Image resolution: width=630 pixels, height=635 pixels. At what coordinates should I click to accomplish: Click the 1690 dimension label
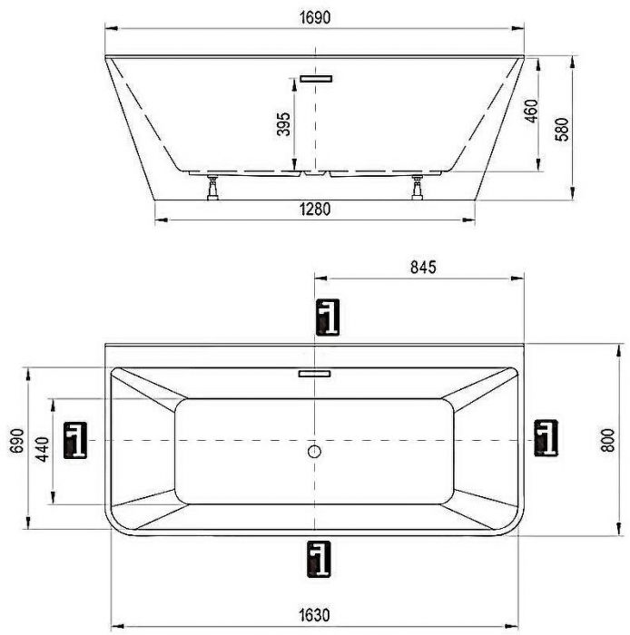pos(315,18)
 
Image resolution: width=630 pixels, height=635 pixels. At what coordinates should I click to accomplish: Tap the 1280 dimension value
pos(315,210)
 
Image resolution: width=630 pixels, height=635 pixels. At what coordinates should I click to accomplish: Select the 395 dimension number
pos(284,124)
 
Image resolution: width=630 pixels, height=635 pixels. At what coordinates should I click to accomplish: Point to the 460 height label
pos(531,111)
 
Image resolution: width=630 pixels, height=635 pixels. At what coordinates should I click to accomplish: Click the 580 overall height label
pos(562,129)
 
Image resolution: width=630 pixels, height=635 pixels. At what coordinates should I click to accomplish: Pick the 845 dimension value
pos(423,268)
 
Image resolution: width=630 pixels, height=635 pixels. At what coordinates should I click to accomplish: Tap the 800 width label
pos(608,440)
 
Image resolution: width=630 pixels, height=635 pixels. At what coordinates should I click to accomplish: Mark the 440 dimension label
pos(43,449)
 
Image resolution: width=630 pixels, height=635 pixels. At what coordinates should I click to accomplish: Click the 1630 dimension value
pos(315,615)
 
